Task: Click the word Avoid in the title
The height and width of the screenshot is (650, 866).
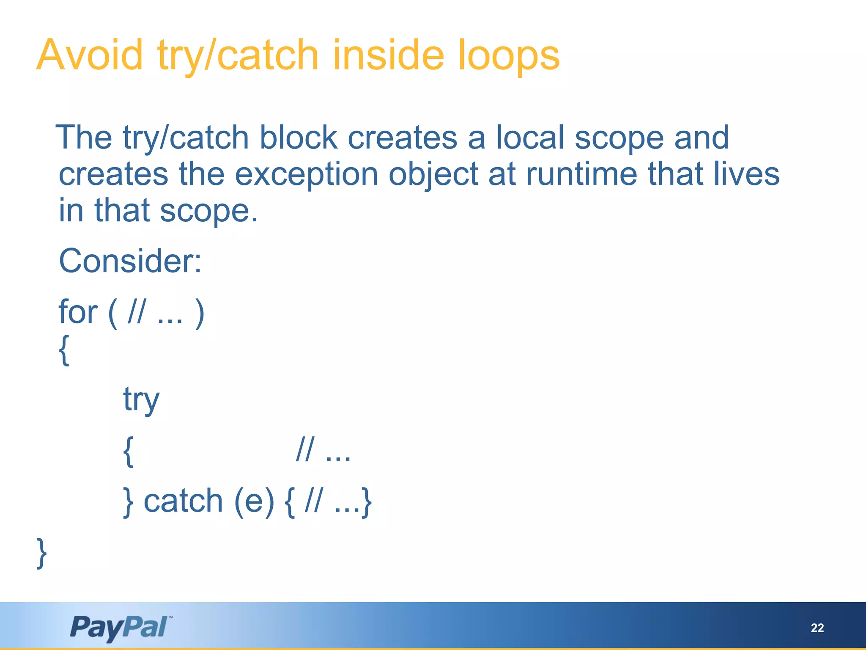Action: point(90,55)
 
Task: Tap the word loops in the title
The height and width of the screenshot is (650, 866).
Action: point(509,55)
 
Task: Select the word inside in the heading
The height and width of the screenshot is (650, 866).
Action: point(388,55)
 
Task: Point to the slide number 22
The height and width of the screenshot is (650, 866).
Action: point(817,628)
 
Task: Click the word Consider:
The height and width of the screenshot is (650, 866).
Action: point(130,261)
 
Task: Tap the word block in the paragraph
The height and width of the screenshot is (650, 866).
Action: point(298,138)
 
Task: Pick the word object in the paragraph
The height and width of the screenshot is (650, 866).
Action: point(433,175)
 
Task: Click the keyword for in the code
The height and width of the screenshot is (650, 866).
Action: point(78,312)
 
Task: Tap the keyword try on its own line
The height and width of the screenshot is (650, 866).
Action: point(141,400)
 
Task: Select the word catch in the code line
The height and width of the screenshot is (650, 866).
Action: point(183,501)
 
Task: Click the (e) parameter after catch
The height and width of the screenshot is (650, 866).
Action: point(254,501)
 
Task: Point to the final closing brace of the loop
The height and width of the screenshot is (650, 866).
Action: point(41,553)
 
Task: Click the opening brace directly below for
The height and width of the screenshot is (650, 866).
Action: point(64,350)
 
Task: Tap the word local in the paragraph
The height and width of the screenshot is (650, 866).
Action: point(530,138)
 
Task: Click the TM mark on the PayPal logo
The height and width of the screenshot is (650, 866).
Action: point(170,617)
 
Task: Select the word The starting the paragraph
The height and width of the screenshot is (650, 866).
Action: point(84,138)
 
